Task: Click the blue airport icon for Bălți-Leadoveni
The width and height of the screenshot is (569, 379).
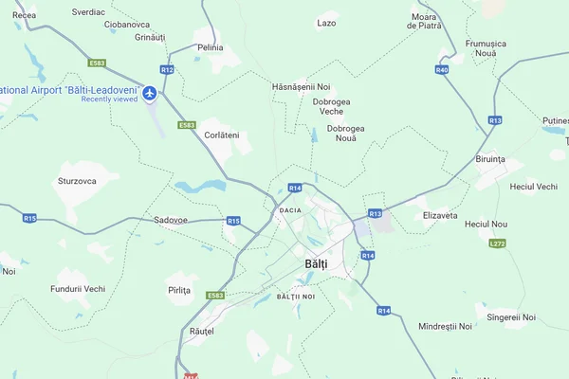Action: point(150,93)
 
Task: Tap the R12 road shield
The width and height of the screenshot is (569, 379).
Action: point(167,69)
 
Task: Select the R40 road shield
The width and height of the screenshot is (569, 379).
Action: point(442,70)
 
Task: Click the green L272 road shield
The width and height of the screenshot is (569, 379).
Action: point(497,244)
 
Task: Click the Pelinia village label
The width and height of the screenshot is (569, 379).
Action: point(211,47)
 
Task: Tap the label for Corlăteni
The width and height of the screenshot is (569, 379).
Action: point(222,135)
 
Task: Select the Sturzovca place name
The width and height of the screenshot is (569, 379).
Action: point(77,179)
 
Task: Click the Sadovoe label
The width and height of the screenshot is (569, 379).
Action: point(171,220)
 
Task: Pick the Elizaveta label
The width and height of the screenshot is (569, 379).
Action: point(440,215)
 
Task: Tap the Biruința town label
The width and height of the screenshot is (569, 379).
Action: point(491,159)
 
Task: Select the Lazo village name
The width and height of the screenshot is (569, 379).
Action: point(326,23)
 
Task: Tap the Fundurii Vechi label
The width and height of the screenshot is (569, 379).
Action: point(78,288)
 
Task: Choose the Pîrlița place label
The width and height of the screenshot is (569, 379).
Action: point(179,290)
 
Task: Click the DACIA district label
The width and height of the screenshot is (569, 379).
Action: point(290,209)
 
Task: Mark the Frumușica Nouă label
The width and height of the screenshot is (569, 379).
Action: point(486,48)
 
